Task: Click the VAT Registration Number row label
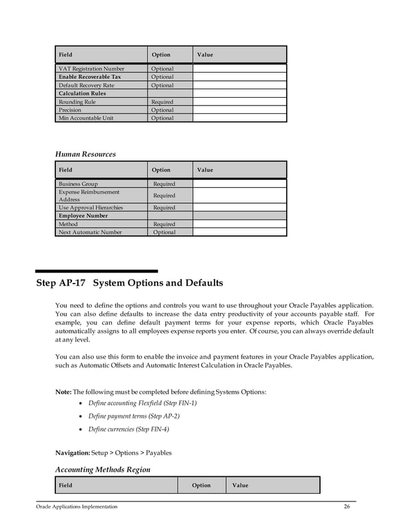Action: coord(91,69)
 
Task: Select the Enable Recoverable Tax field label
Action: coord(89,77)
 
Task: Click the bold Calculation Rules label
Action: coord(82,94)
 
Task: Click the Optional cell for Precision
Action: coord(162,110)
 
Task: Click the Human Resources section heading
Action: coord(85,154)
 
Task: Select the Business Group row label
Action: coord(78,184)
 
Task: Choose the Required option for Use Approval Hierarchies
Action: coord(164,208)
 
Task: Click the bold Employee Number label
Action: coord(84,216)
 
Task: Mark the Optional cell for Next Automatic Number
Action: coord(164,232)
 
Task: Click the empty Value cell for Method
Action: coord(239,224)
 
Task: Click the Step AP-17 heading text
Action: coord(129,283)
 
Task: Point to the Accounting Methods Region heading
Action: coord(103,469)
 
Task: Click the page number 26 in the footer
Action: coord(347,507)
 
